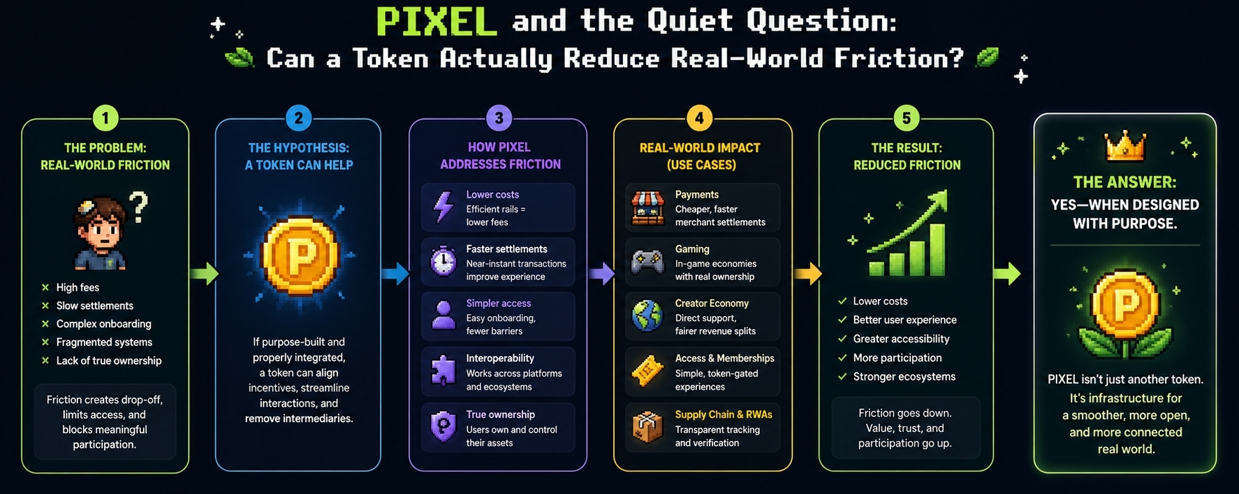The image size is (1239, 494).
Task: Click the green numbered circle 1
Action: click(x=105, y=118)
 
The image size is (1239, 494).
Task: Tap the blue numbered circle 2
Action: click(x=299, y=118)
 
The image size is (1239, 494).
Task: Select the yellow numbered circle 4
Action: click(x=699, y=118)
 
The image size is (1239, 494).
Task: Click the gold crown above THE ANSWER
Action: click(x=1125, y=147)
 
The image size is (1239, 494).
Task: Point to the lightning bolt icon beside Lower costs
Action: click(x=443, y=208)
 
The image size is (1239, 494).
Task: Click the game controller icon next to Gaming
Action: click(x=647, y=263)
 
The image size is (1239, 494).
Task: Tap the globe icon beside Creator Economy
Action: click(x=647, y=316)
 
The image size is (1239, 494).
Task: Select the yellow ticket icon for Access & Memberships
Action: click(x=647, y=371)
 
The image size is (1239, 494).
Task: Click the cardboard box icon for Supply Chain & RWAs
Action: click(x=647, y=427)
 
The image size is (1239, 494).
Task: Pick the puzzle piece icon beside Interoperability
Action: click(x=443, y=371)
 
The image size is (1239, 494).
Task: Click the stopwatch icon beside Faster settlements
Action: click(x=443, y=262)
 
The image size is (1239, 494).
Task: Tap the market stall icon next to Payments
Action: click(x=647, y=208)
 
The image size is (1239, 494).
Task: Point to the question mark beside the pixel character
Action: click(x=139, y=208)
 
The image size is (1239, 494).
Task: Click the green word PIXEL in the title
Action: click(x=437, y=22)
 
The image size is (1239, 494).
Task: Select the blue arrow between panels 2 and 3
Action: click(x=395, y=273)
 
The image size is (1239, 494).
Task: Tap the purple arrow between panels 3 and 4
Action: click(x=601, y=273)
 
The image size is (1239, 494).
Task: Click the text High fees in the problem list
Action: click(x=78, y=288)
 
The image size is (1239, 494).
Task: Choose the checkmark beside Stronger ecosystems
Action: click(x=842, y=377)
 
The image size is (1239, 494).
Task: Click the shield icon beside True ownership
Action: click(x=443, y=426)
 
